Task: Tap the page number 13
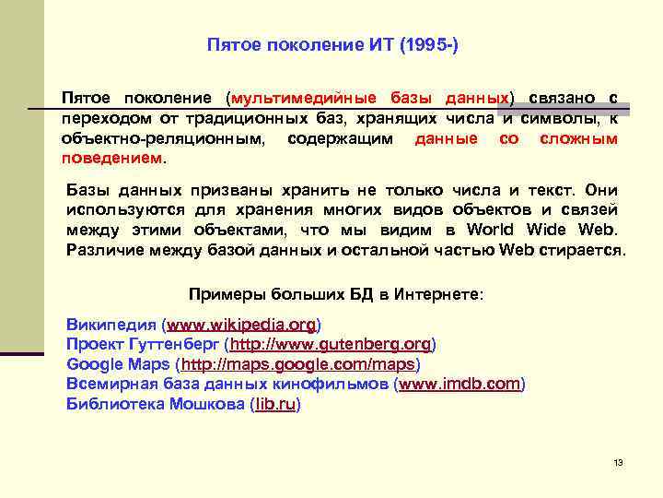618,462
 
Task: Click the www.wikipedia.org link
241,325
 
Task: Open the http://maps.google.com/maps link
297,364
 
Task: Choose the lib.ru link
275,404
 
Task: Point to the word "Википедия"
110,325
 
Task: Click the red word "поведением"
111,157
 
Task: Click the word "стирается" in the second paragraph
585,250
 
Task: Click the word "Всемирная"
111,384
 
